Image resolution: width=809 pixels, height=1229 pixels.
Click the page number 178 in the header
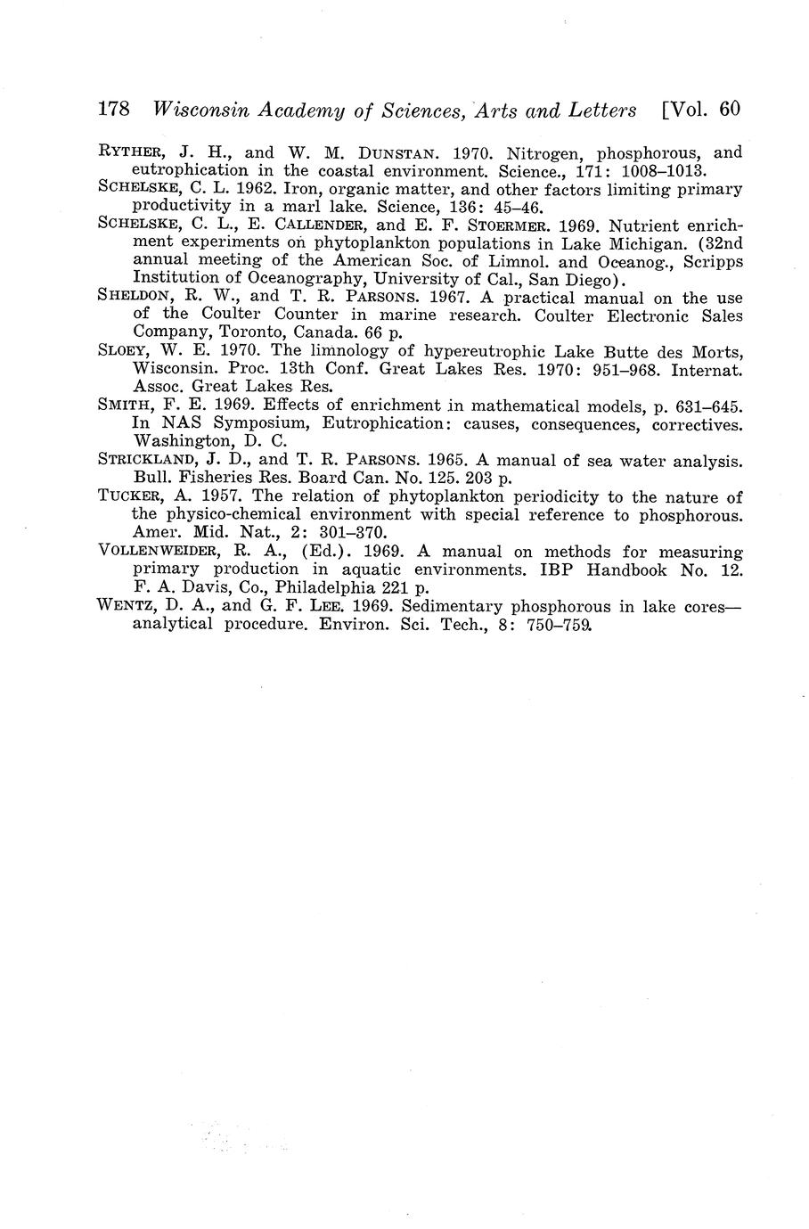point(114,110)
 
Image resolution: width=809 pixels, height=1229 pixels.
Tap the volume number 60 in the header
point(728,110)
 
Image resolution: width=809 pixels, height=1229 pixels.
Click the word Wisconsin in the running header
point(200,111)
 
